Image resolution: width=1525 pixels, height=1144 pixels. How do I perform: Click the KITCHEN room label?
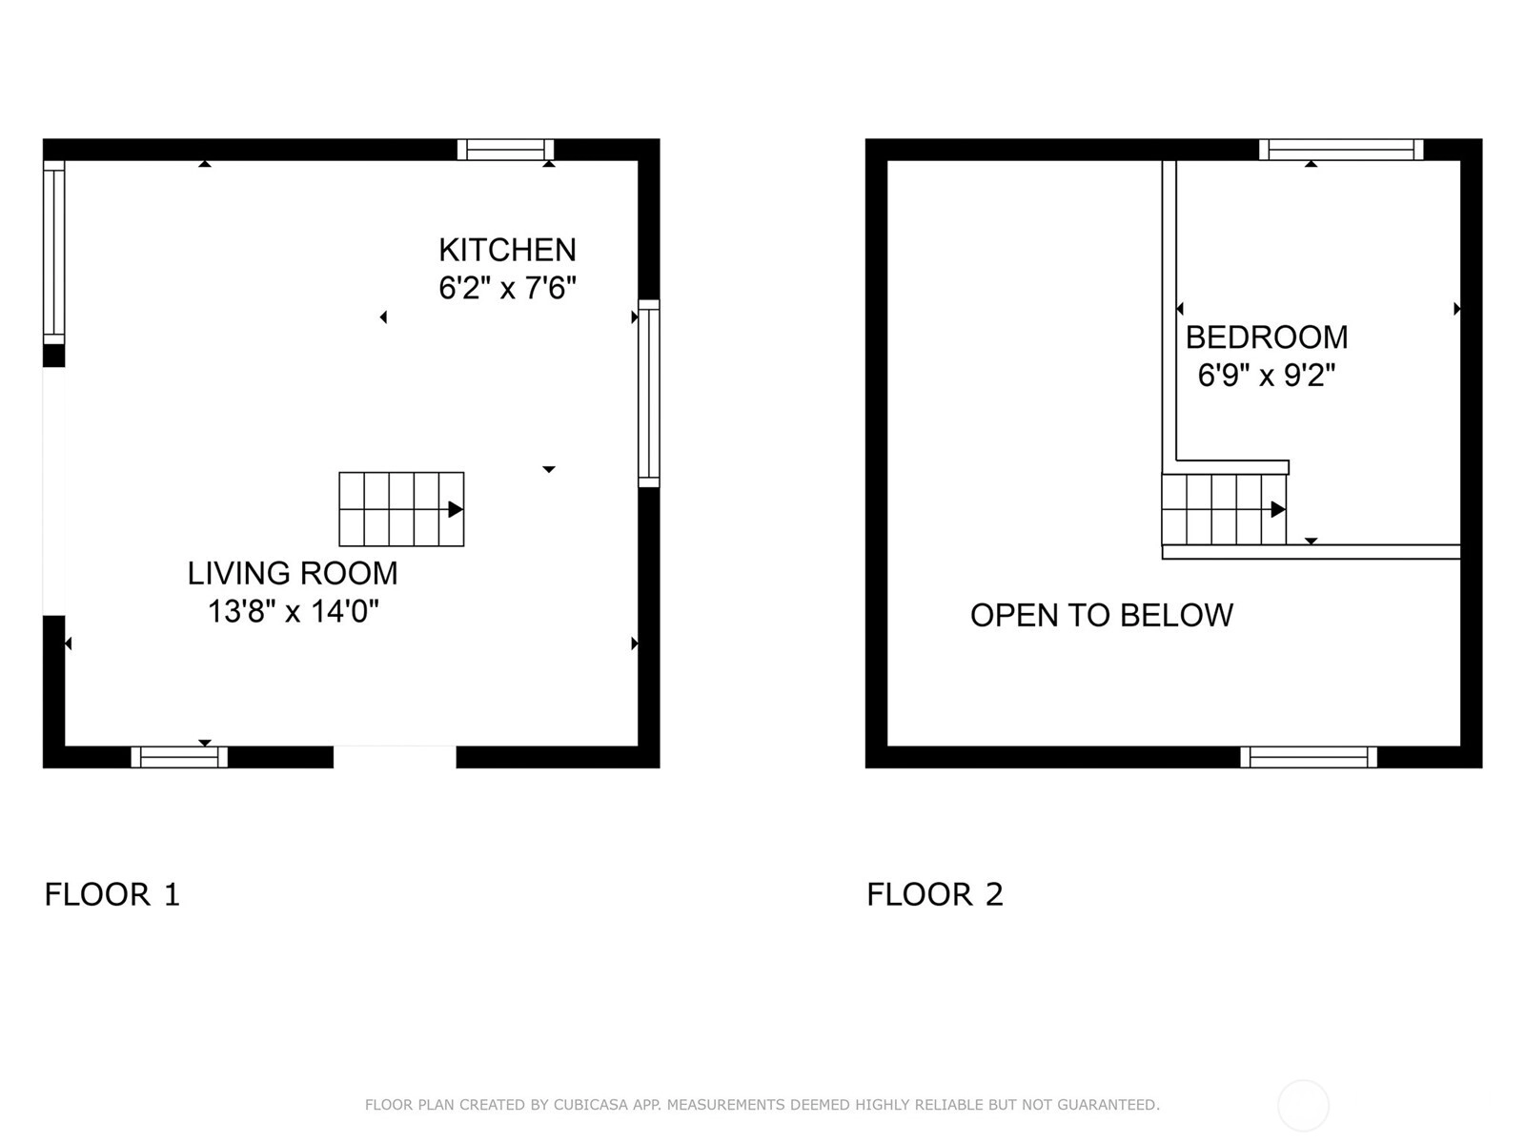pos(507,250)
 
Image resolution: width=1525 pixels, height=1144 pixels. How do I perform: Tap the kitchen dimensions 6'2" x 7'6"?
pos(507,288)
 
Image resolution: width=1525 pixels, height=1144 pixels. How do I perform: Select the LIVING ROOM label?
pos(293,574)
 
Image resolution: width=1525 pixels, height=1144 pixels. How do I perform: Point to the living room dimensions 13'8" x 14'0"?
pos(294,612)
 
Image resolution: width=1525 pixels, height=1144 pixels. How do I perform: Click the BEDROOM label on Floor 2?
pos(1267,337)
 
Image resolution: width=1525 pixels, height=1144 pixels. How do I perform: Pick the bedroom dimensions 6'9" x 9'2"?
pos(1267,376)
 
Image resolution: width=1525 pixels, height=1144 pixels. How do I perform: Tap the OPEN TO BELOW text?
pos(1101,616)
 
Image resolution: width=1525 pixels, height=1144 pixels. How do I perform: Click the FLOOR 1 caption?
pos(112,894)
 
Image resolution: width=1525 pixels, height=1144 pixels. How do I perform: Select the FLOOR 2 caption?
pos(934,894)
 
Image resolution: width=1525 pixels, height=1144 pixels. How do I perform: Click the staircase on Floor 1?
pos(401,509)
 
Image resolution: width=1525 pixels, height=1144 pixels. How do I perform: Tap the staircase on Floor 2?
pos(1224,509)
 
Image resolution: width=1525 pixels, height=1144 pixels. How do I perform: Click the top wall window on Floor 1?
pos(506,150)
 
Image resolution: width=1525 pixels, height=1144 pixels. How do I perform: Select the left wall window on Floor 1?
pos(54,252)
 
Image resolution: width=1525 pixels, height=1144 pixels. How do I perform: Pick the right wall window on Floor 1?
pos(649,393)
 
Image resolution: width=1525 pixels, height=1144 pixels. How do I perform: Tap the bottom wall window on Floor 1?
pos(179,757)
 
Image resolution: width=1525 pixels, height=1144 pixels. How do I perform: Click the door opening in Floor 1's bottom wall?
pos(395,757)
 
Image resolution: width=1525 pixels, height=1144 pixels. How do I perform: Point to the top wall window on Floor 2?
pos(1342,150)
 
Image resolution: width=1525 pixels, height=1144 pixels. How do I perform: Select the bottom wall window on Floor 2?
pos(1309,757)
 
